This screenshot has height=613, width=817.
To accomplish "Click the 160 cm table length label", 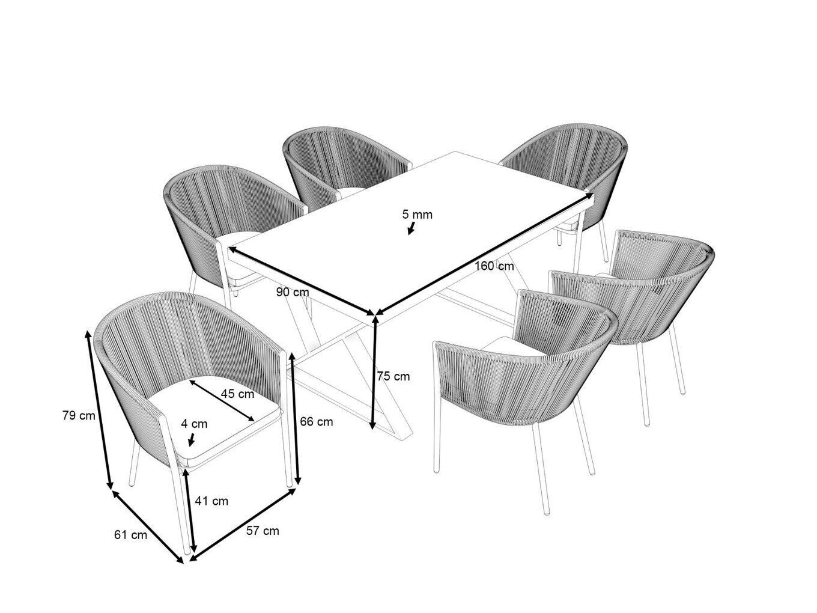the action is pos(494,266).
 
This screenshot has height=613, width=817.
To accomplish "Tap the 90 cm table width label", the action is pos(293,292).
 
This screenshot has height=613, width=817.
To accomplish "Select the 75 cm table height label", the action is pos(393,376).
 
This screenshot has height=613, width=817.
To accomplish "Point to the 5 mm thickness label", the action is pos(418,215).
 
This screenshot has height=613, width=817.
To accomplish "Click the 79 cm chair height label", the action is pos(79,415).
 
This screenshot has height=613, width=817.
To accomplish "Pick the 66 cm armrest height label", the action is pos(317,422).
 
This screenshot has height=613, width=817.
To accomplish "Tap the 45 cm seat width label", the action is pos(237,394).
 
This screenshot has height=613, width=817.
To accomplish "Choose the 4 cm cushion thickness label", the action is pos(194,424).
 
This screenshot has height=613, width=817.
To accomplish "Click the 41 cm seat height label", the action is pos(211,501).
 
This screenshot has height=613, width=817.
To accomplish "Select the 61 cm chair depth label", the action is pos(130,535).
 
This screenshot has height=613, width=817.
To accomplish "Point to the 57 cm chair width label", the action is pos(263,531).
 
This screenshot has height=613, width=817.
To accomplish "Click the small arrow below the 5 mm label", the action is pos(412,228).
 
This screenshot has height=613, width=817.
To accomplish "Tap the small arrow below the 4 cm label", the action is pos(191,439).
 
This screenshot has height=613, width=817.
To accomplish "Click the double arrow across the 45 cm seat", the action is pos(222,400).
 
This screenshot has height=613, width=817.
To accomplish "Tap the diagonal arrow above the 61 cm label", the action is pos(148,526).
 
